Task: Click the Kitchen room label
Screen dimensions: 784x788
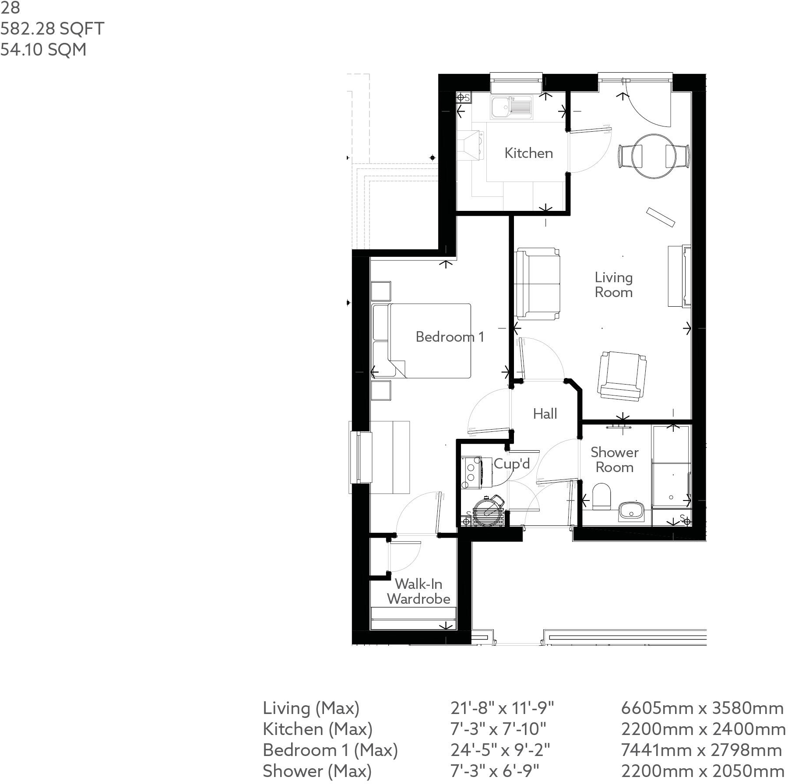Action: pyautogui.click(x=528, y=153)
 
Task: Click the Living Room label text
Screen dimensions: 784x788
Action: pyautogui.click(x=613, y=285)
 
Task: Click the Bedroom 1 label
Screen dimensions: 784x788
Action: pyautogui.click(x=450, y=336)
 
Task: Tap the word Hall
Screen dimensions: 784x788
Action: pyautogui.click(x=545, y=413)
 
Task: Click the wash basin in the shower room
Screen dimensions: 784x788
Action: pyautogui.click(x=631, y=511)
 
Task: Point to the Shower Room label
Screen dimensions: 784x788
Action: pyautogui.click(x=614, y=460)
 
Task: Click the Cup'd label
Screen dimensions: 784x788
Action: pyautogui.click(x=512, y=463)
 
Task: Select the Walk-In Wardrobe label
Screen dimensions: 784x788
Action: pyautogui.click(x=419, y=591)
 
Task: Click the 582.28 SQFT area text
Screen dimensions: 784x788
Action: pyautogui.click(x=52, y=29)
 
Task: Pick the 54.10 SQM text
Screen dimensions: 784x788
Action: pyautogui.click(x=43, y=49)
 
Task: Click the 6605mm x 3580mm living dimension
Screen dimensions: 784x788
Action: pyautogui.click(x=702, y=708)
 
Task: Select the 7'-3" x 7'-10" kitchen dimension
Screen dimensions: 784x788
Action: pyautogui.click(x=498, y=729)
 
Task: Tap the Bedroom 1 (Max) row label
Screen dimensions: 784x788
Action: pyautogui.click(x=330, y=750)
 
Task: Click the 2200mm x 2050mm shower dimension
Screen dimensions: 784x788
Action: pyautogui.click(x=702, y=771)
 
